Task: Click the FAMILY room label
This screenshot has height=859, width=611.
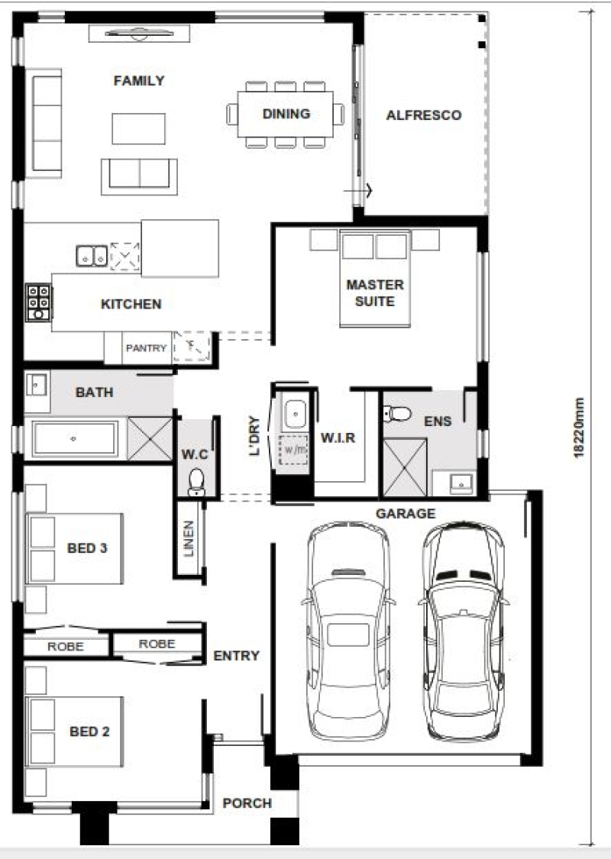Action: point(139,80)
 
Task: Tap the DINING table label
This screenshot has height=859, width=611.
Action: point(286,114)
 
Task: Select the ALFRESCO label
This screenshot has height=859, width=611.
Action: point(424,115)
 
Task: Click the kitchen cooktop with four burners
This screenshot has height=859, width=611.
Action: point(39,302)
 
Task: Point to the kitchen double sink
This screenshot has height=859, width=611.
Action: point(92,256)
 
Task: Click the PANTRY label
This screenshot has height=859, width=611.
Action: point(146,348)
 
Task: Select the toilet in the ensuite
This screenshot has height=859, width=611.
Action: point(397,414)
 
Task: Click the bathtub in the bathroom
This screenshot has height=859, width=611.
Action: point(75,439)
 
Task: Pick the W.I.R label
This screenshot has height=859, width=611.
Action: point(338,438)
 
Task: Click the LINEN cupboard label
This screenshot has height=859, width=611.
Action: point(189,538)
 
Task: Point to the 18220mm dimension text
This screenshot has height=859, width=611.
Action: point(578,428)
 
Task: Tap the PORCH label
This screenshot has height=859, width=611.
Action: point(247,803)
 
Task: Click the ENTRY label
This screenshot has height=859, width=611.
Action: point(236,655)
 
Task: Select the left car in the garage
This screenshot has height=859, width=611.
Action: point(348,630)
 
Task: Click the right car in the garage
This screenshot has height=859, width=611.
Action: point(464,630)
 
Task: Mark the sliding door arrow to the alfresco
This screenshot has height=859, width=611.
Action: point(358,191)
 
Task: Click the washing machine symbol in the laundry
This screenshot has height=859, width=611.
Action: point(294,450)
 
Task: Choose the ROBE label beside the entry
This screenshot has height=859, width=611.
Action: point(157,644)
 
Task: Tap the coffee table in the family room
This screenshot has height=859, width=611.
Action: point(139,129)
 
